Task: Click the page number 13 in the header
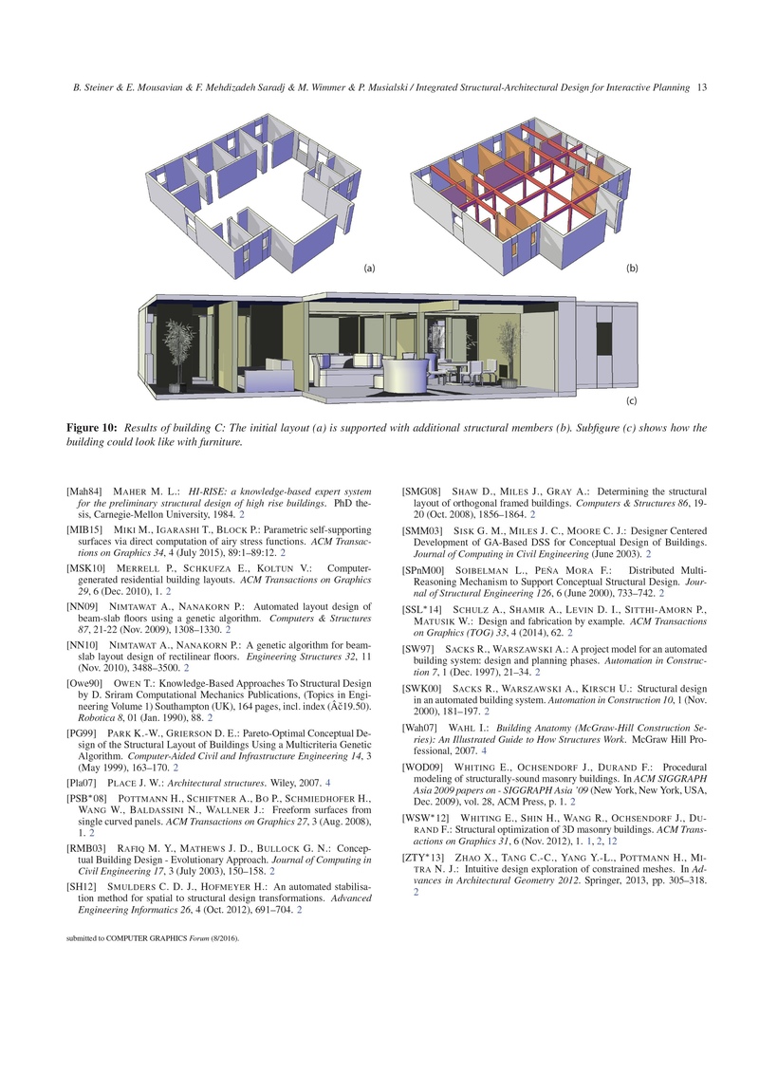point(701,87)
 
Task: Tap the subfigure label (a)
point(369,268)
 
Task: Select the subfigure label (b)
point(632,268)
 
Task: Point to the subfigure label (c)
point(632,401)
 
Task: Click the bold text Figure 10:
point(92,428)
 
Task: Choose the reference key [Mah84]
point(84,491)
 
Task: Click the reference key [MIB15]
point(84,530)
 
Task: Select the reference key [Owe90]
point(84,683)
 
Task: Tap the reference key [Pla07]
point(82,783)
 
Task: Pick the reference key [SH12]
point(82,887)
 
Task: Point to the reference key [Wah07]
point(419,728)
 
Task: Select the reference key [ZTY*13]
point(422,858)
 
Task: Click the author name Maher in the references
point(129,491)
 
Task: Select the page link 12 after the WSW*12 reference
point(612,842)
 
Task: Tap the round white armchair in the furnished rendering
point(404,376)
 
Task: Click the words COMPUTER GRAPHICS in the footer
point(147,938)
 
